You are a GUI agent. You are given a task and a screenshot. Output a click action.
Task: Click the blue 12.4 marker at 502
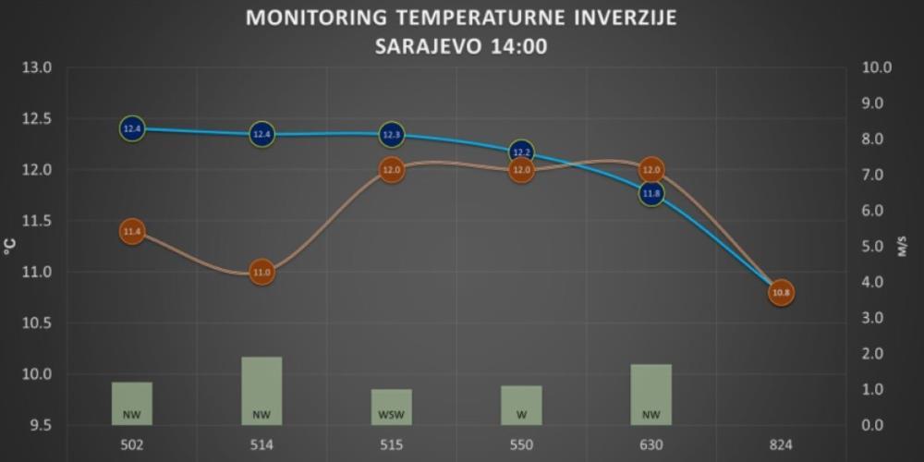tap(132, 129)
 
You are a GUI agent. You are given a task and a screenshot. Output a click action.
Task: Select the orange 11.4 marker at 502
tap(132, 232)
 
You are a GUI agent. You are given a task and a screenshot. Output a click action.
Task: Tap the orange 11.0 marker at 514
tap(262, 273)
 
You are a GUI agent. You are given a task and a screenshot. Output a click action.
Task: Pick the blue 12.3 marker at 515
tap(392, 135)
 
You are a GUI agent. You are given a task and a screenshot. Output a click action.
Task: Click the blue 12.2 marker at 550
tap(521, 152)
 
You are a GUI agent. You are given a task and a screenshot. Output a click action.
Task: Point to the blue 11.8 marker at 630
tap(651, 194)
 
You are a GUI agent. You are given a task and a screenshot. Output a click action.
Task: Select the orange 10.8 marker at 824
tap(781, 293)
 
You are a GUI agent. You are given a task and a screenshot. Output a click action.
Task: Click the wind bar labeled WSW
tap(392, 407)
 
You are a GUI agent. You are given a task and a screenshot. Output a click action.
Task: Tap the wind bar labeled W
tap(521, 406)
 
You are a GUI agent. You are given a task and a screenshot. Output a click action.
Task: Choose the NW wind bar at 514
tap(262, 391)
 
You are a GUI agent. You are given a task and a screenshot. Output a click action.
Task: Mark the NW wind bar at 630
tap(651, 395)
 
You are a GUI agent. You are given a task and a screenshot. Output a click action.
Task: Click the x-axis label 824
tap(781, 444)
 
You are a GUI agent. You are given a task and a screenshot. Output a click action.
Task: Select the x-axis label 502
tap(132, 444)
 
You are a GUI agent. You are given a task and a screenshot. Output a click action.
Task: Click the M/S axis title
tap(903, 247)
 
